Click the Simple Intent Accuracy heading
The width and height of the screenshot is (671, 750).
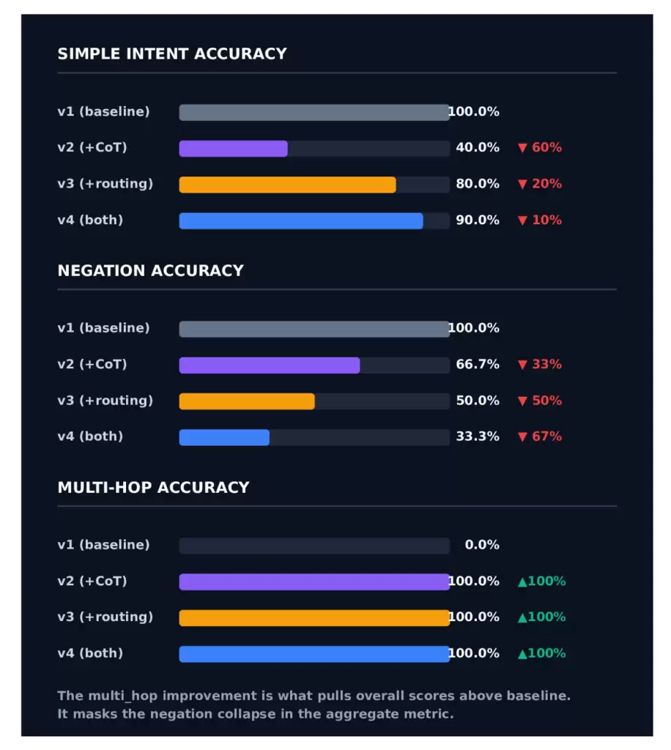click(x=172, y=53)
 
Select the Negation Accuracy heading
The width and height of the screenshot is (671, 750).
click(x=151, y=271)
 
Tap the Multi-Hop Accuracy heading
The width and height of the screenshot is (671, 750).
click(x=154, y=487)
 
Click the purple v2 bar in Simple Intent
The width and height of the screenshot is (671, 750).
click(x=234, y=149)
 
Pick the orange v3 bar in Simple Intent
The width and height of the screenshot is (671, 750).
click(x=287, y=185)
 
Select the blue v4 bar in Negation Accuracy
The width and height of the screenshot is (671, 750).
click(x=224, y=438)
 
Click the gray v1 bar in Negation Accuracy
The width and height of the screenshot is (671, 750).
click(x=314, y=329)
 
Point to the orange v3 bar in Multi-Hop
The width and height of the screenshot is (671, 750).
click(x=314, y=618)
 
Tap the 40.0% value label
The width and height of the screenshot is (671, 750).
click(x=478, y=147)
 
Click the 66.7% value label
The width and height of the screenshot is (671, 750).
click(x=478, y=365)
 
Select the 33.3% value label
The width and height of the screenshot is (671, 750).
click(x=478, y=437)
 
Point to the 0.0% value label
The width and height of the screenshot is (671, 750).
click(x=482, y=545)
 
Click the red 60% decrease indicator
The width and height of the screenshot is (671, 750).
click(x=540, y=147)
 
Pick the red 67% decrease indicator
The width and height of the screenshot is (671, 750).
click(x=540, y=437)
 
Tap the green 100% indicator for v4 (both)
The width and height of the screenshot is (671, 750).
click(x=542, y=653)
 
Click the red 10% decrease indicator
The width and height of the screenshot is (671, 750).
click(x=540, y=220)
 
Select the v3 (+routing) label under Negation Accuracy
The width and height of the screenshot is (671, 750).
click(x=105, y=401)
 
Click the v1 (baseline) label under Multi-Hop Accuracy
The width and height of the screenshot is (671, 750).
click(x=103, y=545)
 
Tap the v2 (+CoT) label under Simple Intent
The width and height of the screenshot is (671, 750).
click(x=92, y=147)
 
